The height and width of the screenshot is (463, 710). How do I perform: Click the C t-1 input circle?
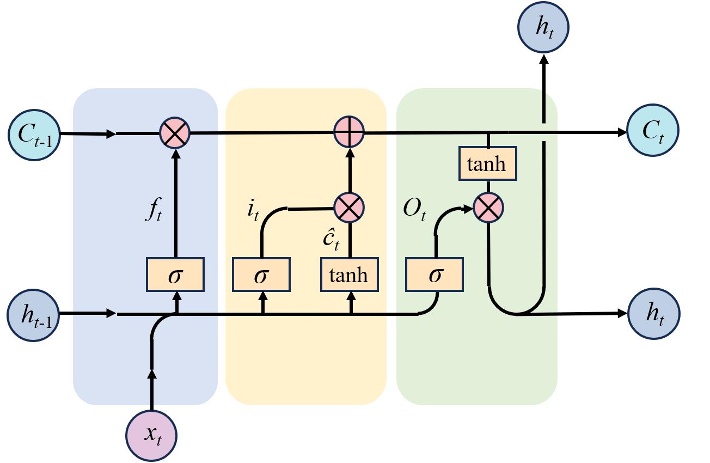pyautogui.click(x=34, y=134)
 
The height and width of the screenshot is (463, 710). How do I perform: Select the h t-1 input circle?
pyautogui.click(x=33, y=315)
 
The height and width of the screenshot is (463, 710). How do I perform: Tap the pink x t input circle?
pyautogui.click(x=152, y=434)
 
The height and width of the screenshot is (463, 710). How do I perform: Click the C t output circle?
pyautogui.click(x=653, y=131)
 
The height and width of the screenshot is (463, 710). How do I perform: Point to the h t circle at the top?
pyautogui.click(x=543, y=27)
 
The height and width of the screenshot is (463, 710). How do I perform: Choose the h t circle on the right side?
pyautogui.click(x=654, y=314)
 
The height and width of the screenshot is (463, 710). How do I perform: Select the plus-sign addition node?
pyautogui.click(x=348, y=132)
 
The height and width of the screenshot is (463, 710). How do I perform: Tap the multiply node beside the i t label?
pyautogui.click(x=348, y=208)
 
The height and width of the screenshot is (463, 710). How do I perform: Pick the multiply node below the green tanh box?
pyautogui.click(x=488, y=208)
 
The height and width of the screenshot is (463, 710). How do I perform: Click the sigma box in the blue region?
pyautogui.click(x=175, y=275)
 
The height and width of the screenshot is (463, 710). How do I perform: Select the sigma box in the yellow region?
pyautogui.click(x=261, y=275)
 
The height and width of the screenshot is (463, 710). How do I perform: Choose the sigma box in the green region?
pyautogui.click(x=434, y=275)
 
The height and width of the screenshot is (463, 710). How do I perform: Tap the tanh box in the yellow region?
pyautogui.click(x=348, y=275)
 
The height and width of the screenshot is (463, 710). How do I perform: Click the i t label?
pyautogui.click(x=253, y=210)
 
